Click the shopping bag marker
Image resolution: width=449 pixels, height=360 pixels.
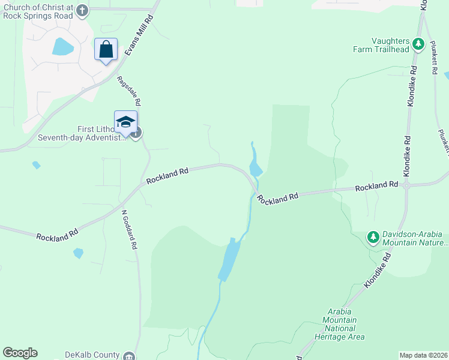click(106, 49)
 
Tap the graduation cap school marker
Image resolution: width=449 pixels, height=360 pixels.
click(125, 122)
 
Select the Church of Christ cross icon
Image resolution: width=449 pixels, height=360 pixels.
click(83, 10)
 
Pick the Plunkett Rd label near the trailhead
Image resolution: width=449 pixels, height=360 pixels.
click(434, 58)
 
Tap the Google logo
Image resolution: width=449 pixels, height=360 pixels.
click(20, 353)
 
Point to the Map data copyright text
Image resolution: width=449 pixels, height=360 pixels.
click(424, 355)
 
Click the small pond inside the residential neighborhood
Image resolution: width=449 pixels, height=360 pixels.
click(62, 47)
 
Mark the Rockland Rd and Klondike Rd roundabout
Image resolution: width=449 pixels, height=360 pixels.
click(406, 185)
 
